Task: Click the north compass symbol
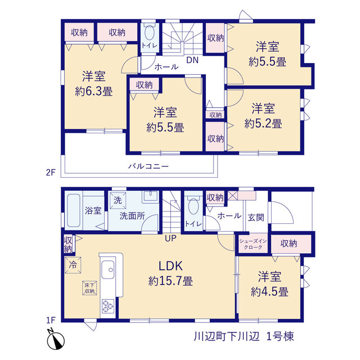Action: coord(55,340)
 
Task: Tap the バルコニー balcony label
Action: coord(148,166)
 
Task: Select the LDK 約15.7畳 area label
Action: coord(170,273)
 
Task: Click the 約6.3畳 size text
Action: coord(94,92)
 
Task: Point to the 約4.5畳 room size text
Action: coord(269,292)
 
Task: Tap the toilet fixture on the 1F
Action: coord(193,206)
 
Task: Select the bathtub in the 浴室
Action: coord(74,210)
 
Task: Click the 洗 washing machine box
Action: coord(118,200)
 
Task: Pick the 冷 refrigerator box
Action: coord(73,265)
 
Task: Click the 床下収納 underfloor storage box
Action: coord(89,288)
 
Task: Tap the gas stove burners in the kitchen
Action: coord(107,306)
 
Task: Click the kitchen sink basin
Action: coord(107,269)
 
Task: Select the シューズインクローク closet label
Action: coord(253,244)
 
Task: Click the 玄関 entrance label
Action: coord(256,217)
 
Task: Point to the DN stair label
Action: coord(192,60)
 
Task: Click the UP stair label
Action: coord(170,238)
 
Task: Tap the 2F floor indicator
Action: coord(51,172)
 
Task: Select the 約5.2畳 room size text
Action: coord(263,124)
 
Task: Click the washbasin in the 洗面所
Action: coord(151,197)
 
